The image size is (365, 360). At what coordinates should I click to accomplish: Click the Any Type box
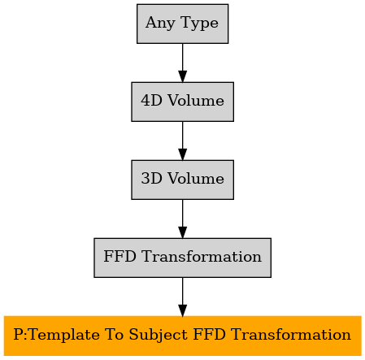[x=182, y=24]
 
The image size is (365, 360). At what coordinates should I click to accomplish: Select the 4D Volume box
[x=182, y=102]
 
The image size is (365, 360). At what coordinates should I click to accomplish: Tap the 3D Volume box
[x=182, y=180]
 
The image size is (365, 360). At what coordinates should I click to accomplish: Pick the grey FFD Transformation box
[x=182, y=258]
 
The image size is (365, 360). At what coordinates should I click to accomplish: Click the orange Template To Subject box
[x=182, y=336]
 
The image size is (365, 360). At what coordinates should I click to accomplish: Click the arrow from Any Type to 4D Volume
[x=182, y=63]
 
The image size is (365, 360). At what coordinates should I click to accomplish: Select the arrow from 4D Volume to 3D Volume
[x=182, y=141]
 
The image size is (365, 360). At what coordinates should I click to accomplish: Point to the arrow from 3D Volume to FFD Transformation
[x=182, y=219]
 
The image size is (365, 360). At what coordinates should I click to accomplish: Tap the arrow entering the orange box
[x=182, y=297]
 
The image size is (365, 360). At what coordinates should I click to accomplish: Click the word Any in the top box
[x=160, y=23]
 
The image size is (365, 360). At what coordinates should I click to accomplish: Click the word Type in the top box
[x=199, y=23]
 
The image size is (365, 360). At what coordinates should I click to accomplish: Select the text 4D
[x=151, y=101]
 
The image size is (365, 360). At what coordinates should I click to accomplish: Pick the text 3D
[x=151, y=179]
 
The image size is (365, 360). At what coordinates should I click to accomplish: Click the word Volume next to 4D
[x=196, y=101]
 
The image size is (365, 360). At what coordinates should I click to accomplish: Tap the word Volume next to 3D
[x=196, y=179]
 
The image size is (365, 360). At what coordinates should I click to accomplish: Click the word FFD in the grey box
[x=119, y=257]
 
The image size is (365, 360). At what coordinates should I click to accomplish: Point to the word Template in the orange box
[x=63, y=335]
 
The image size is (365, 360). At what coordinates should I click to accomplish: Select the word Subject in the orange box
[x=158, y=335]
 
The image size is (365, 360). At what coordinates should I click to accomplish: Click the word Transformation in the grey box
[x=202, y=257]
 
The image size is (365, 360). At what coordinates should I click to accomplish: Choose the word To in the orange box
[x=114, y=335]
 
